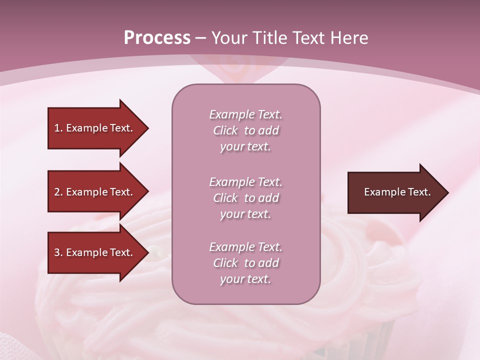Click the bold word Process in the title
[157, 38]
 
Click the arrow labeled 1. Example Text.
[95, 128]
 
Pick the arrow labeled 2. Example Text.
[95, 192]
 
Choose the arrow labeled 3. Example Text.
[95, 252]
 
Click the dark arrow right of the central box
[395, 192]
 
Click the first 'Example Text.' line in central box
[245, 114]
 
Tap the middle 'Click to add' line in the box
[245, 198]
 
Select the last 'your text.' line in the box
[245, 279]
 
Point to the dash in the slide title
[201, 38]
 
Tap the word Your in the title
[230, 38]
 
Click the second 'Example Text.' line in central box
[245, 182]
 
